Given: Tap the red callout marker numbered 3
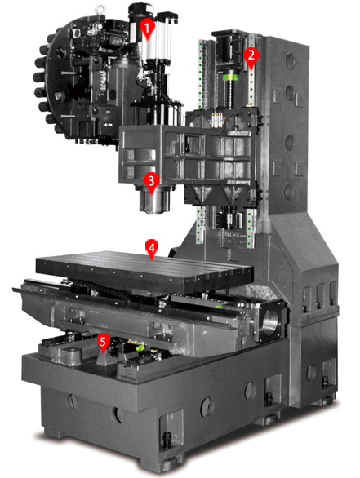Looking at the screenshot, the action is coord(152,182).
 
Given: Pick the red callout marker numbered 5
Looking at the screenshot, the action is coord(104,343).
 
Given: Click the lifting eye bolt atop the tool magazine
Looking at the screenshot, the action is coord(99,9).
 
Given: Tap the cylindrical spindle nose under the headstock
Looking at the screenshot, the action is coord(154,201).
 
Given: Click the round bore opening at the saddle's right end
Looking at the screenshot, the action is coord(271,322).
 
